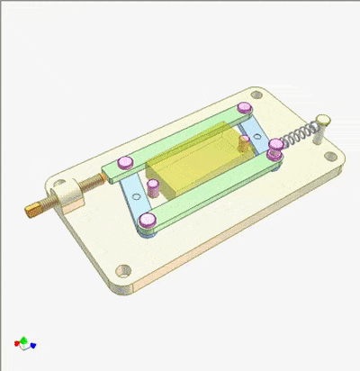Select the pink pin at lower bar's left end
point(144,222)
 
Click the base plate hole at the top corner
point(255,94)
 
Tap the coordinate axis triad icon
point(24,343)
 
